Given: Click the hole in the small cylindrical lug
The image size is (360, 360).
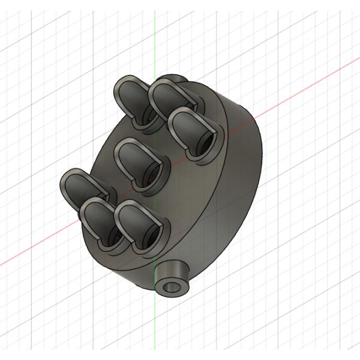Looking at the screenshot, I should [x=172, y=285].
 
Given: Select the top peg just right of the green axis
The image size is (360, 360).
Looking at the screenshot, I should [x=171, y=96].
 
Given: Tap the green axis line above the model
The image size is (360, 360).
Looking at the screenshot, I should [x=154, y=36].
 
